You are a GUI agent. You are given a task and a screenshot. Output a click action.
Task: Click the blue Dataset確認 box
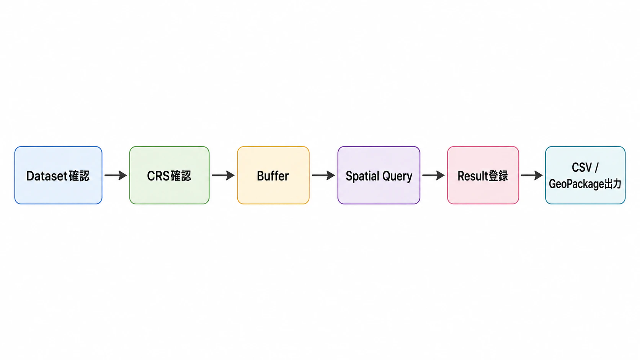point(58,175)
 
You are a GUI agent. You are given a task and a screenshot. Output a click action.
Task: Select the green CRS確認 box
point(169,175)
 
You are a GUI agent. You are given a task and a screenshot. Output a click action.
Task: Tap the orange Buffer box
point(273,175)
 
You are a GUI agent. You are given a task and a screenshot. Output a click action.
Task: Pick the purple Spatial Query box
point(379,175)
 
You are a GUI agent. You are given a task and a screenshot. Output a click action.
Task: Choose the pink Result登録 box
point(483,175)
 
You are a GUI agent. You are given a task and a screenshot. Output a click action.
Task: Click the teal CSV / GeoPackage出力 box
point(585,175)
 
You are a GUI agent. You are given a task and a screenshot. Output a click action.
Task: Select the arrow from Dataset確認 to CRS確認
point(116,175)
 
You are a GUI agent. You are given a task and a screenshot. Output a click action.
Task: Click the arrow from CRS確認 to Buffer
point(223,175)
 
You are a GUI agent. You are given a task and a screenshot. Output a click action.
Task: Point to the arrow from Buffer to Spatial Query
point(323,175)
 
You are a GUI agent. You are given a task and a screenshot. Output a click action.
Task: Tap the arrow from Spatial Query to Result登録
point(433,175)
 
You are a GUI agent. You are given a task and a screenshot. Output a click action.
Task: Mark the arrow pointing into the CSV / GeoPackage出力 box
point(532,175)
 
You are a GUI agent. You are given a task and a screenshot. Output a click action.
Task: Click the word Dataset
point(47,176)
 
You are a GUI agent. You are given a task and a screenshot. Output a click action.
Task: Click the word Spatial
point(362,176)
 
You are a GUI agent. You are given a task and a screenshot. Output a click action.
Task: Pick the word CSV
point(581,167)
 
